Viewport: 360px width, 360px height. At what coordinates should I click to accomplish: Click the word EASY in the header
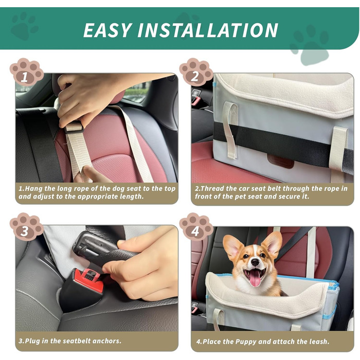coord(107,30)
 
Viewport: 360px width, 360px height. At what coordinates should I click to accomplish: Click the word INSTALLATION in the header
coord(208,30)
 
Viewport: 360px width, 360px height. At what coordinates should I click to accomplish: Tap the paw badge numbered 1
coord(26,72)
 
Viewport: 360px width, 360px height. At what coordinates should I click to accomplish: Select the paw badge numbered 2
coord(196,72)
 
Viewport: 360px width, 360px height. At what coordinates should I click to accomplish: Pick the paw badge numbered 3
coord(26,227)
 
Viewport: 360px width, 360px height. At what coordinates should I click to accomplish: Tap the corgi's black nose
coord(255,262)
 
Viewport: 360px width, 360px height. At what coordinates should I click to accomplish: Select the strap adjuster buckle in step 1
coord(74,128)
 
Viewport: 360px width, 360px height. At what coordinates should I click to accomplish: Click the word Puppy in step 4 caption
coord(246,341)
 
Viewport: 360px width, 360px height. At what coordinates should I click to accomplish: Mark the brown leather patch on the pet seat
coord(281,161)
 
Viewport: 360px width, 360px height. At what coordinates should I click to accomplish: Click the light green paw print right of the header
coord(311,45)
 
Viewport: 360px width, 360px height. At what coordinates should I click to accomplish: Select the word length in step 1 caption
coord(132,196)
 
